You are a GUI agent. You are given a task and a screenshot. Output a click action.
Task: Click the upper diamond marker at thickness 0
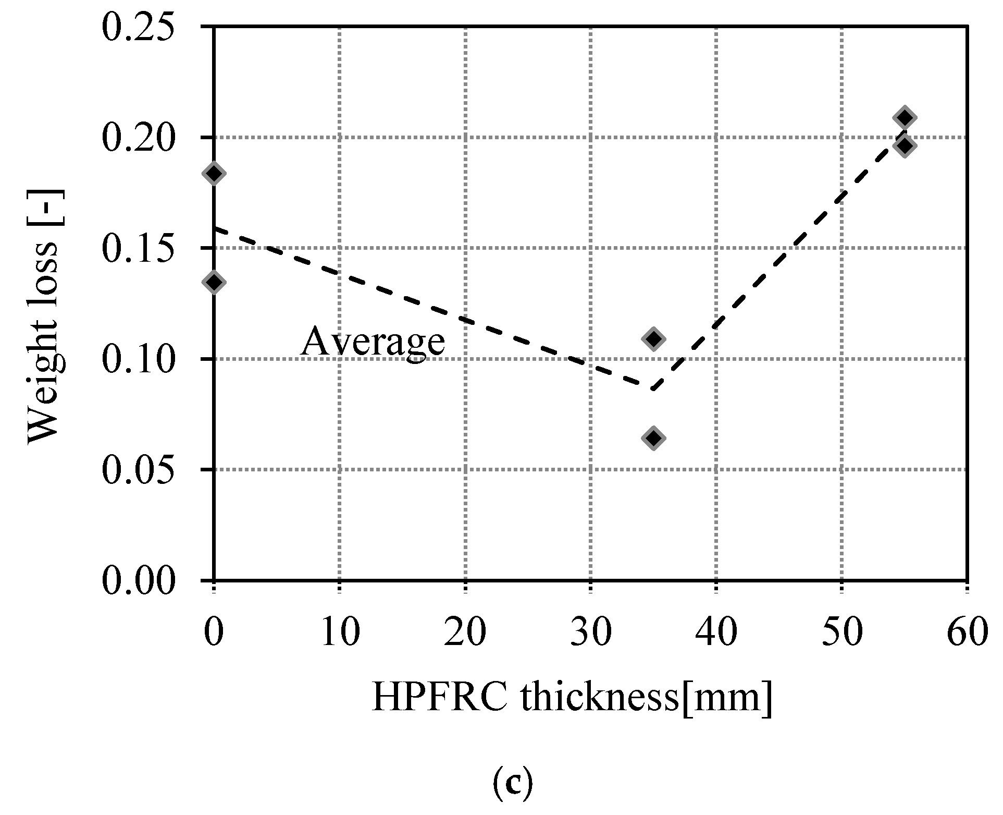(x=214, y=174)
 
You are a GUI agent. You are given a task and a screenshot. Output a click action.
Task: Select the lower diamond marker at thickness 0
(x=214, y=283)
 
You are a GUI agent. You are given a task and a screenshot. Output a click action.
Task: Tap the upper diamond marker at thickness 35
(x=653, y=339)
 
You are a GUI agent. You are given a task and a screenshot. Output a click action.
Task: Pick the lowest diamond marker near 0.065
(x=653, y=438)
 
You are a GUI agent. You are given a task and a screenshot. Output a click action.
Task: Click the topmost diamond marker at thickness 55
(x=905, y=117)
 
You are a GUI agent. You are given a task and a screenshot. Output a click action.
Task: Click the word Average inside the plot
(x=373, y=342)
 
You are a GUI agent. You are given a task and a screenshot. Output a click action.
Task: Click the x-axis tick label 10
(x=340, y=633)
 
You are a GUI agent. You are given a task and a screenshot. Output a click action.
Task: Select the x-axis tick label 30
(x=590, y=633)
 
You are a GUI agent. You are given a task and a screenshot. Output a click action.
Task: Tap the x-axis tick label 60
(x=967, y=633)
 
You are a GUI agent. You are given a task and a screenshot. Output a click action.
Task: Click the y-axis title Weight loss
(x=45, y=317)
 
